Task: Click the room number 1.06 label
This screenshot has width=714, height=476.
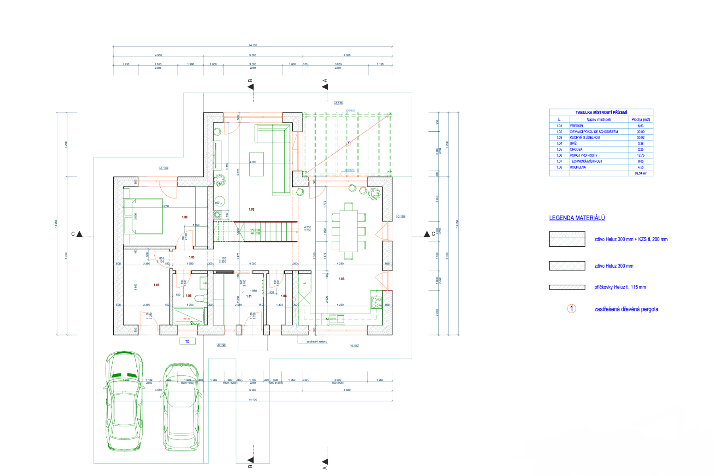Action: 184,217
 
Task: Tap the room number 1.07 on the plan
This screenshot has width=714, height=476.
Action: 156,285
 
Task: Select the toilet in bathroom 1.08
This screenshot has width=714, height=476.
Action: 200,298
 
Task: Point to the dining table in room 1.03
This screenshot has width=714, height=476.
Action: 349,230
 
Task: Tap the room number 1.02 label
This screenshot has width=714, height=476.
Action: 251,209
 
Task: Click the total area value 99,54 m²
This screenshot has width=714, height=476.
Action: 640,173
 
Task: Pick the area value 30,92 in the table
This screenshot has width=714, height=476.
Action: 640,138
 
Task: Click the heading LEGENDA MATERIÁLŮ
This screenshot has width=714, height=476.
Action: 577,218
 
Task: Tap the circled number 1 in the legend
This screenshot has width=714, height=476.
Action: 571,309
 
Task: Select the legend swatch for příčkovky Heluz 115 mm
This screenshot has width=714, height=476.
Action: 567,287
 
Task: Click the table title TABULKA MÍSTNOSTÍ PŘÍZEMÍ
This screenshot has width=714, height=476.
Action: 601,113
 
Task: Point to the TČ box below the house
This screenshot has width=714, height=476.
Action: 187,342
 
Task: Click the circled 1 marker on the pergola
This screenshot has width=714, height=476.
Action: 349,143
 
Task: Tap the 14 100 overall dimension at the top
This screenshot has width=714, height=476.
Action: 253,45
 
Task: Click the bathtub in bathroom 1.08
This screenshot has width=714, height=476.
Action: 189,316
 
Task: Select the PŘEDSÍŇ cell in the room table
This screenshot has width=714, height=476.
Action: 576,126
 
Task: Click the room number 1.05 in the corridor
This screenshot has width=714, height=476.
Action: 192,257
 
